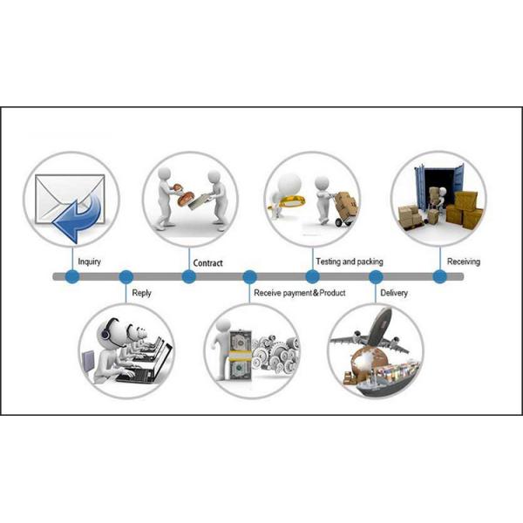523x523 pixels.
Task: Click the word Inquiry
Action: (89, 261)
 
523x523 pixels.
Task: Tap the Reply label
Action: (141, 293)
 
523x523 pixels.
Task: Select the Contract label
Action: (207, 263)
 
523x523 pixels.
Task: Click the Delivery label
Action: (394, 293)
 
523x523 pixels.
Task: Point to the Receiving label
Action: (464, 261)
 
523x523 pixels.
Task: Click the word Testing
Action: (328, 261)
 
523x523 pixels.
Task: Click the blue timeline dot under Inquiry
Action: (72, 277)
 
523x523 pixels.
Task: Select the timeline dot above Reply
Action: (126, 277)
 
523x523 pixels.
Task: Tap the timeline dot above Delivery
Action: (376, 277)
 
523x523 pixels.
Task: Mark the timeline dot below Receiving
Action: (440, 277)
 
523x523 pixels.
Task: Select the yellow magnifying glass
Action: (289, 202)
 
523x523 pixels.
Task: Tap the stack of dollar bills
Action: (240, 355)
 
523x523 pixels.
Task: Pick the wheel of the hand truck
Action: (339, 222)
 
